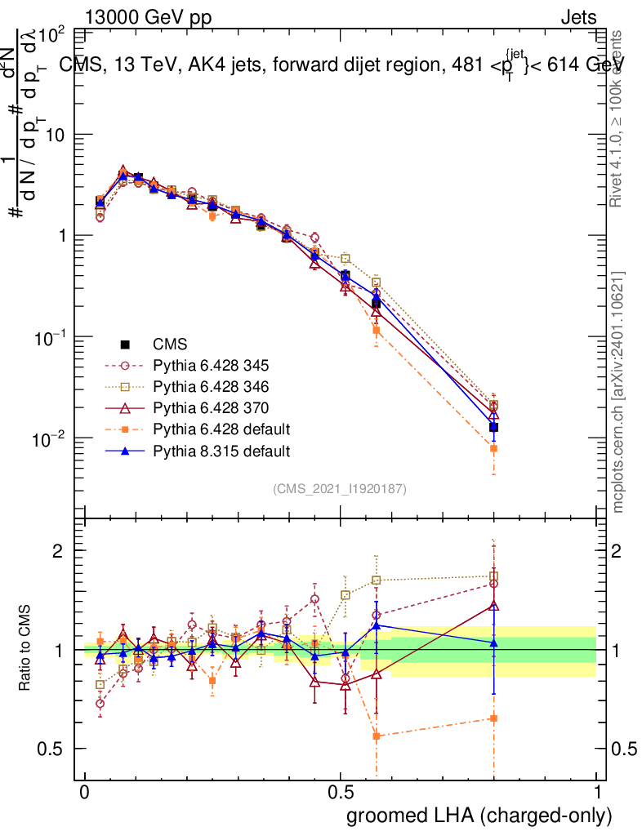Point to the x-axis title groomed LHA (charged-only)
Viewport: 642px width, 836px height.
(479, 815)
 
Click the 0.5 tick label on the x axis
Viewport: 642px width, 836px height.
(341, 792)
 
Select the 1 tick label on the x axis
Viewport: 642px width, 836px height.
(597, 792)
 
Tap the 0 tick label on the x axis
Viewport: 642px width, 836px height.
(85, 792)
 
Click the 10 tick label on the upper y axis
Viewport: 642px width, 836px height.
(54, 135)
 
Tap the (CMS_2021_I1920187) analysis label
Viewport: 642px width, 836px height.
(340, 489)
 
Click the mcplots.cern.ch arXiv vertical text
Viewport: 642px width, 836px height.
(619, 392)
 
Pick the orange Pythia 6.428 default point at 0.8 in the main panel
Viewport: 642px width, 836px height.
(493, 448)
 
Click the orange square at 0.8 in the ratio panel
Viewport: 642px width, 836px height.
(493, 718)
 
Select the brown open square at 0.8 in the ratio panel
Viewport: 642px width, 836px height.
(493, 576)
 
